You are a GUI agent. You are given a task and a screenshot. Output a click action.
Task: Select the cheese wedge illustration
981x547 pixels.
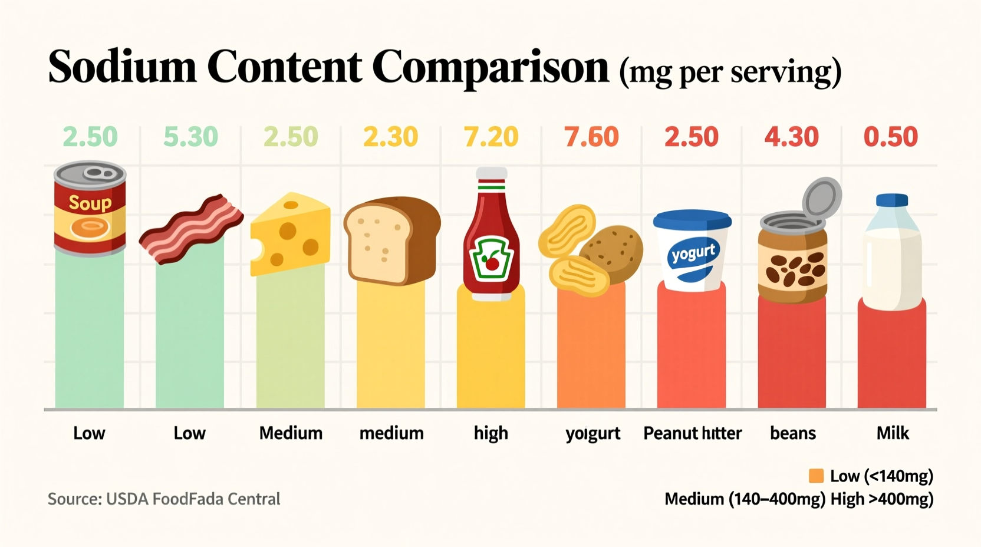[x=290, y=235]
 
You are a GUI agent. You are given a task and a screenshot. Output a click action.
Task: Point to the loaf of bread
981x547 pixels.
[x=391, y=240]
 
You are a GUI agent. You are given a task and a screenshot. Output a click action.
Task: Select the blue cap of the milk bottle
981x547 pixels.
[x=891, y=200]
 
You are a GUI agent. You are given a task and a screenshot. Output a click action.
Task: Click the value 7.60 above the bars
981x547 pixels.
[x=591, y=137]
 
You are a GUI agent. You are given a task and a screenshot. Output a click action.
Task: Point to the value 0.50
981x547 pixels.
[x=891, y=137]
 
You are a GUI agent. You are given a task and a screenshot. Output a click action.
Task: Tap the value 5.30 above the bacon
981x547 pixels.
[x=190, y=137]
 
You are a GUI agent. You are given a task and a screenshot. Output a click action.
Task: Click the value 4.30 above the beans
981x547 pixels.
[x=792, y=137]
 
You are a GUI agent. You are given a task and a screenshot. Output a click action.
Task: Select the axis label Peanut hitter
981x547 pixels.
[x=692, y=434]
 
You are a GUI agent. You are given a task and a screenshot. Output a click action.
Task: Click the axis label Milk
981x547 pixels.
[x=893, y=433]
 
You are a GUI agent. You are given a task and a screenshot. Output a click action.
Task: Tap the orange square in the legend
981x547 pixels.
[x=816, y=476]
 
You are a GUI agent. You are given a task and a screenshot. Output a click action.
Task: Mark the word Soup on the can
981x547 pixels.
[x=90, y=203]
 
